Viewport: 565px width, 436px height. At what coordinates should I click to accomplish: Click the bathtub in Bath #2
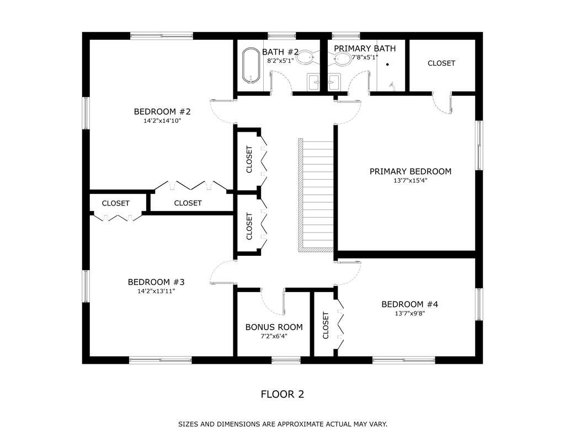[251, 67]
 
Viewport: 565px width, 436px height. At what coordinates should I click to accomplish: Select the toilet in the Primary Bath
[343, 58]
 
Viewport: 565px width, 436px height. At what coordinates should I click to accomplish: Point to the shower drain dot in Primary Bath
[387, 64]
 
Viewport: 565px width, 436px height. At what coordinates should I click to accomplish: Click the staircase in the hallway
[316, 195]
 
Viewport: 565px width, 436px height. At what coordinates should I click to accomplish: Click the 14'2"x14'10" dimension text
[158, 120]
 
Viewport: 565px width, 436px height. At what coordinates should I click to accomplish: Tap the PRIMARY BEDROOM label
[410, 171]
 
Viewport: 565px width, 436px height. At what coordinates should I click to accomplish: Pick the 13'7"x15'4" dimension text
[410, 181]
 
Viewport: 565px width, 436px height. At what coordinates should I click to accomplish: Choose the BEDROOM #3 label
[156, 282]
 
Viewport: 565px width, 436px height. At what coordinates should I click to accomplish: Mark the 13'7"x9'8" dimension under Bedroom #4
[410, 314]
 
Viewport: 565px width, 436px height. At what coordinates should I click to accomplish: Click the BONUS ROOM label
[274, 327]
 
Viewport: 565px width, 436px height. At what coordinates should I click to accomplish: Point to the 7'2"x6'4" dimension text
[274, 336]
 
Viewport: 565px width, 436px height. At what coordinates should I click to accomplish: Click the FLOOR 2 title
[282, 394]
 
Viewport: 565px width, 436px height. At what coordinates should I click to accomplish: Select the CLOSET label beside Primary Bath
[441, 63]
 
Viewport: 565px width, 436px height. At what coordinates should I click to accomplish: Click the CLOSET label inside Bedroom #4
[326, 325]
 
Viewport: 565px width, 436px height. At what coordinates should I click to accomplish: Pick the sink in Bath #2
[315, 83]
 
